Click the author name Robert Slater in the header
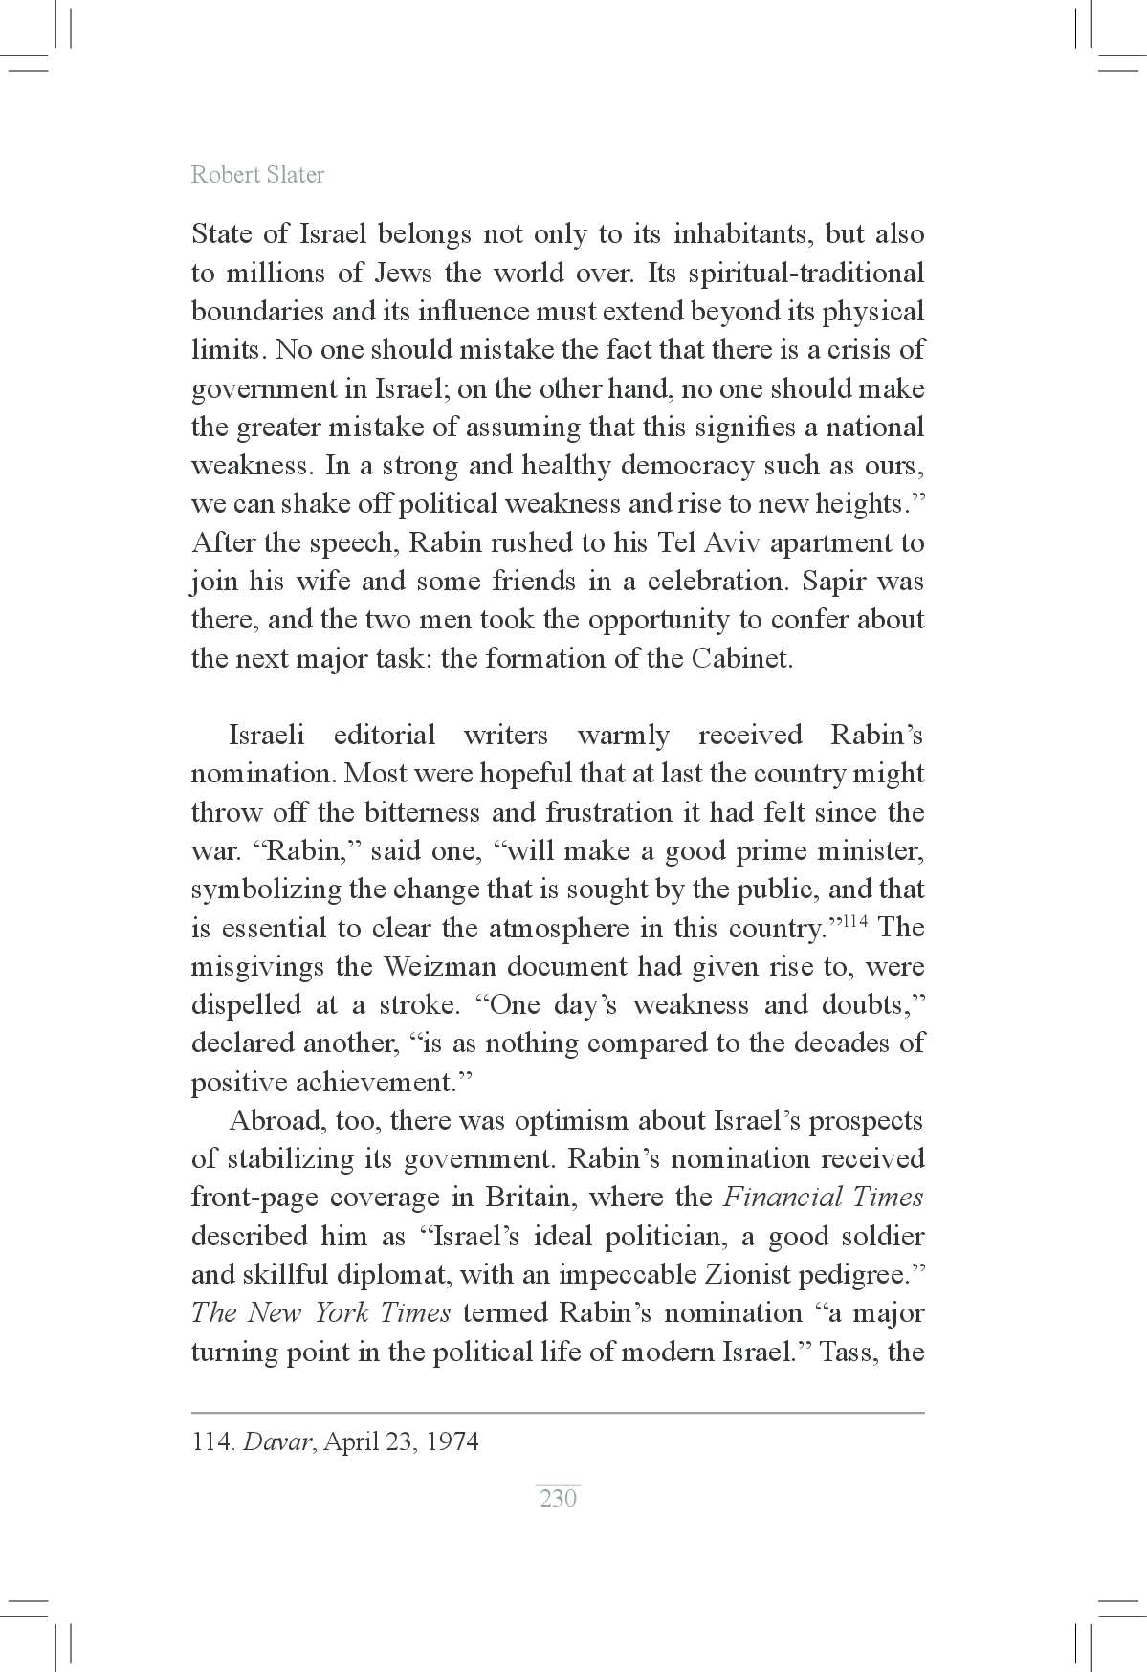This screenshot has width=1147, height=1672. [x=257, y=175]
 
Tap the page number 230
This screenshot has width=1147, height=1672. [x=558, y=1498]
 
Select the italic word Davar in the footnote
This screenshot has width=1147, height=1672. [x=277, y=1442]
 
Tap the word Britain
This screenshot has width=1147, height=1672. [x=529, y=1198]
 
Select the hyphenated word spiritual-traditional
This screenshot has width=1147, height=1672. [x=786, y=274]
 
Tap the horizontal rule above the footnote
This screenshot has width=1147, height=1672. [x=558, y=1412]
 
